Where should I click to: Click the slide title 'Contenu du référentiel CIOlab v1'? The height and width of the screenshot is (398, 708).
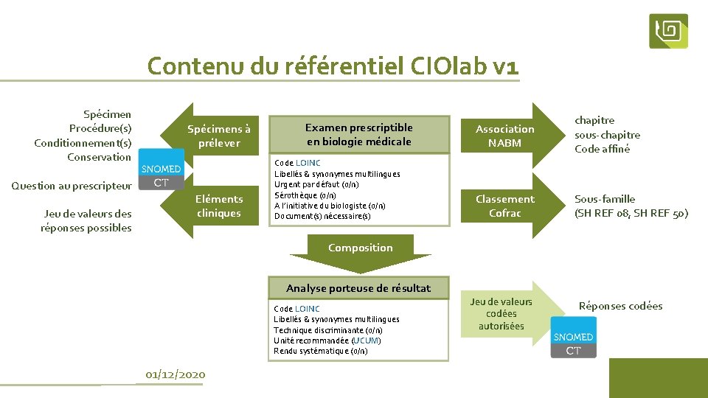point(333,66)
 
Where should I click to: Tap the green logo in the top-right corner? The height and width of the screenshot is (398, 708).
point(668,31)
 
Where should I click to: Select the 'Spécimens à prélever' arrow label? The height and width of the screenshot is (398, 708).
point(218,136)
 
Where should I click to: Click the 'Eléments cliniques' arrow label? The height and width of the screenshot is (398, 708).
point(218,206)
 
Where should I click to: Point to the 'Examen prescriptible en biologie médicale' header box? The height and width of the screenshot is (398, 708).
point(359,134)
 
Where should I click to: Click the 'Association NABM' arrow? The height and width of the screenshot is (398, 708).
point(504,136)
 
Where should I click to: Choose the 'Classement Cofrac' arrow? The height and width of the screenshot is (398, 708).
point(504,206)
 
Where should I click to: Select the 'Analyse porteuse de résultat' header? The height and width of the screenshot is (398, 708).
point(358,288)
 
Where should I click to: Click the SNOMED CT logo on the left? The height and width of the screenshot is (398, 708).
point(162,175)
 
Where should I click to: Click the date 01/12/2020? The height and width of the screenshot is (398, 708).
point(176,374)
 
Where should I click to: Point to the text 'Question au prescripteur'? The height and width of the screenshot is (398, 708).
point(72,186)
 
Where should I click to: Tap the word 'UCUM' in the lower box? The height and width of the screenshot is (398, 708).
point(366,341)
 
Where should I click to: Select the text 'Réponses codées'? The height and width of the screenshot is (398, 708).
point(620,306)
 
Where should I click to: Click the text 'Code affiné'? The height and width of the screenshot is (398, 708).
point(603,149)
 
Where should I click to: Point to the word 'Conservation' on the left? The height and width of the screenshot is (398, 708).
point(99,157)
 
